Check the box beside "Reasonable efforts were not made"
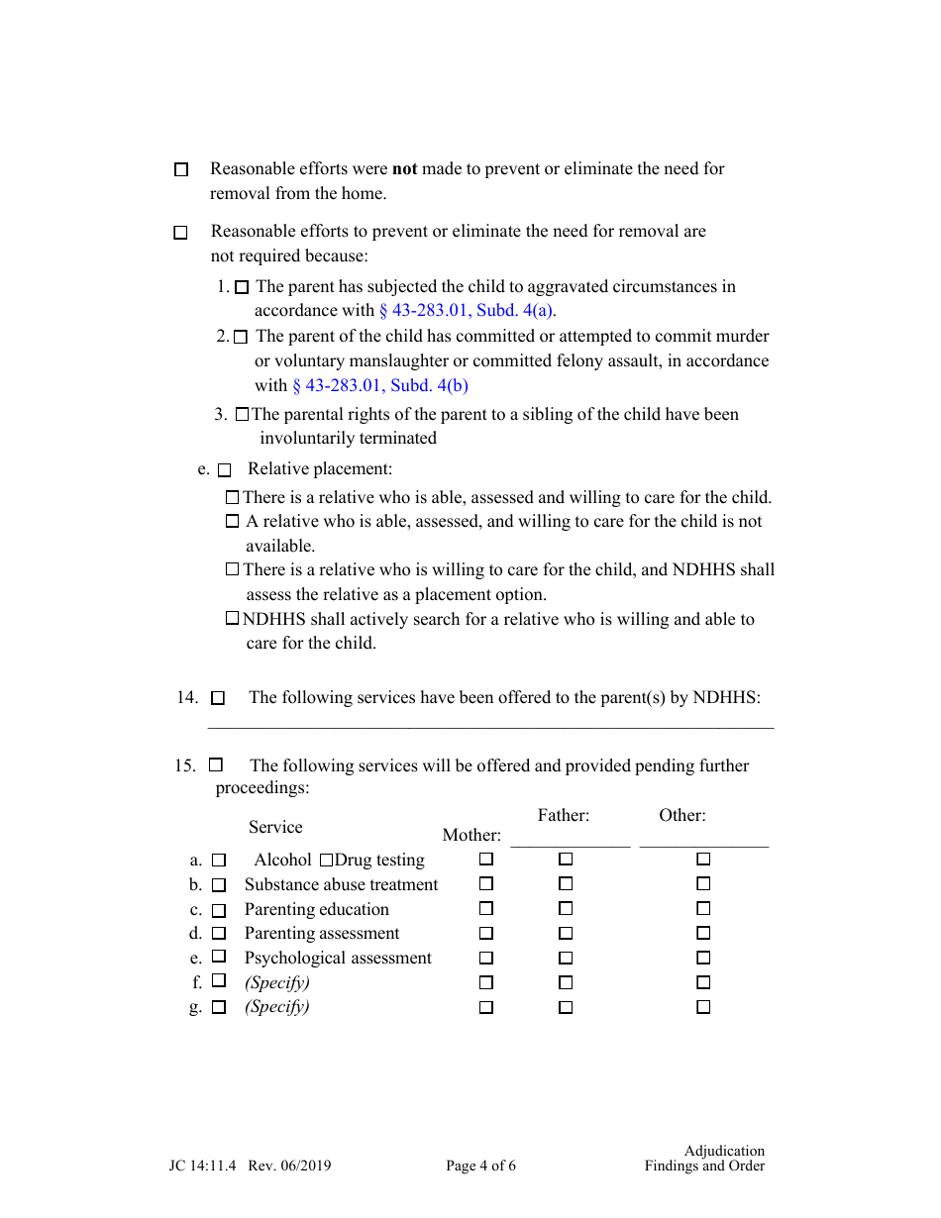181,170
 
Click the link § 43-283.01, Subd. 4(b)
380,386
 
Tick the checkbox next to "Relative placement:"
224,470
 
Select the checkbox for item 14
218,698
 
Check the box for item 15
216,765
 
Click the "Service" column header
275,828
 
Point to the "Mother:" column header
471,836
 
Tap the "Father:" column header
564,816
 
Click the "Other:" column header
682,816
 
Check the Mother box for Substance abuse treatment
486,884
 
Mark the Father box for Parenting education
566,909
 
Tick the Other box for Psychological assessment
703,958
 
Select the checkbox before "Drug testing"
326,861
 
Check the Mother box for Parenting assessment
486,933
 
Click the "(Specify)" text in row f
277,982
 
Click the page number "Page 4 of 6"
480,1167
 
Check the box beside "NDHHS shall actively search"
232,619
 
